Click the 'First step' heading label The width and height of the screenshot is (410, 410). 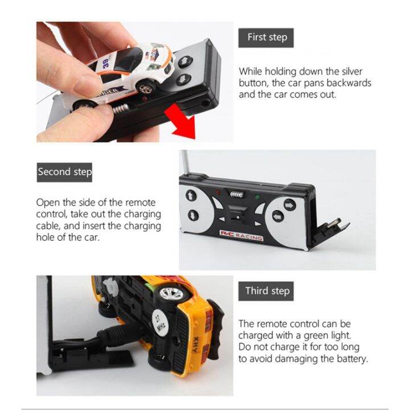266,38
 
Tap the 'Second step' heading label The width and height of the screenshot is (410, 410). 64,173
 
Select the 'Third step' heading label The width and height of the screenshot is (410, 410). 266,291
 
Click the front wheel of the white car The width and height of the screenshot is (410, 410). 145,88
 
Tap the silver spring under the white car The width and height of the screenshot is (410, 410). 120,108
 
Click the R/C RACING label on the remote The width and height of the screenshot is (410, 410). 241,235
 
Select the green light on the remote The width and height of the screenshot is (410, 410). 257,197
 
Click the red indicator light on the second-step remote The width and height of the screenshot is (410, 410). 218,192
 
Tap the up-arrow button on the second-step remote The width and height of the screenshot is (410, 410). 191,195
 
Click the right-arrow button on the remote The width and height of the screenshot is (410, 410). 289,205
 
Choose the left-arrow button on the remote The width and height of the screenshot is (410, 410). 277,216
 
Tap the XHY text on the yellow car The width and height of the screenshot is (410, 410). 196,345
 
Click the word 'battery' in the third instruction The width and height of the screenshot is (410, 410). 352,359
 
